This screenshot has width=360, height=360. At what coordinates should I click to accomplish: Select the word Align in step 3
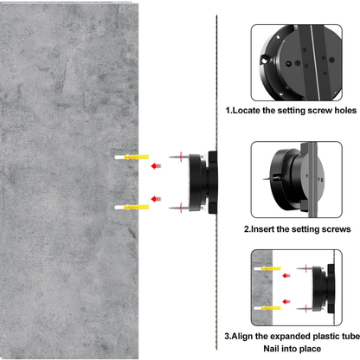pos(247,333)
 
